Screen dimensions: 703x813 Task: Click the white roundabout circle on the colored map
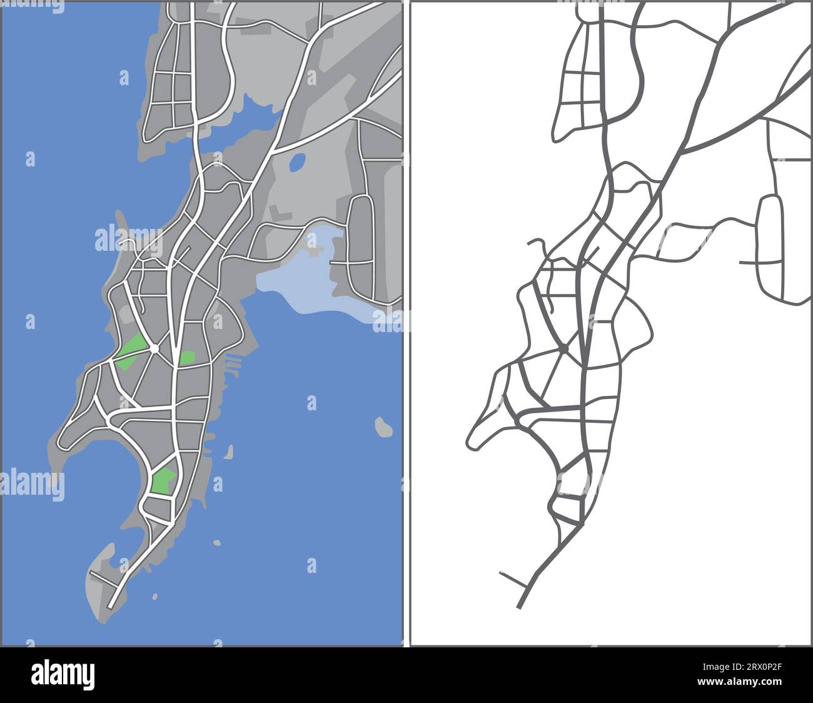(x=154, y=348)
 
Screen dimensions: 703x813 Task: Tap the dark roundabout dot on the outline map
(x=563, y=348)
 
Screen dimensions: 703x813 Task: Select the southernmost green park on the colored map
(x=163, y=480)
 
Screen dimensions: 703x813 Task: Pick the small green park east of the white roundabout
(x=186, y=358)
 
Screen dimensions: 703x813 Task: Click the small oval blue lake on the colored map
(x=297, y=163)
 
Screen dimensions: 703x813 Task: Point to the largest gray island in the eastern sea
(x=383, y=427)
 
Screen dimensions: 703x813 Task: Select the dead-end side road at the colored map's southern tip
(x=104, y=578)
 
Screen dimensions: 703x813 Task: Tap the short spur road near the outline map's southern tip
(x=513, y=579)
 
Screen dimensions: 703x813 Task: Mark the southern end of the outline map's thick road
(x=519, y=605)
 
